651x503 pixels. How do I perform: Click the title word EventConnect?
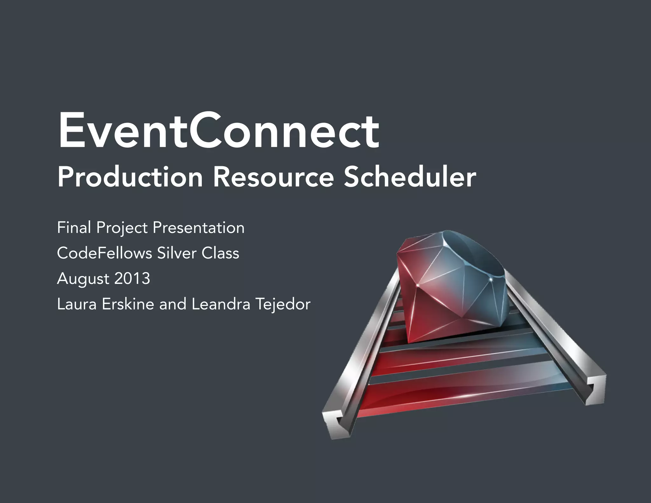(x=218, y=131)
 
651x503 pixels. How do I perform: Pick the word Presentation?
(x=198, y=228)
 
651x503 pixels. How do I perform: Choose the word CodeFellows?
(x=105, y=253)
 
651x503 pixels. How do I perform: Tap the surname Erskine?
(x=128, y=304)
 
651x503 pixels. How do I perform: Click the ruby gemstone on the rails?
(x=451, y=286)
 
